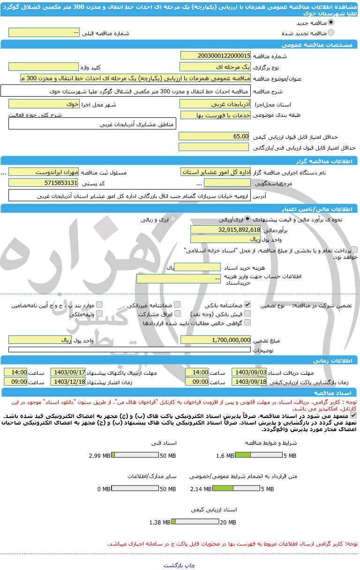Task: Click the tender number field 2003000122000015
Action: coord(216,56)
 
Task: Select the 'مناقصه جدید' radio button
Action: coord(331,22)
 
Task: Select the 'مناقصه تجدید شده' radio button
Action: coord(331,32)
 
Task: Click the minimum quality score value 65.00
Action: coord(215,136)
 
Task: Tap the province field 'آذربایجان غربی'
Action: coord(216,104)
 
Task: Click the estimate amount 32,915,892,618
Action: coord(225,229)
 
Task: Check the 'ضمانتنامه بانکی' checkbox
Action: coord(247,304)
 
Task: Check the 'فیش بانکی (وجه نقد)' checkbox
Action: coord(247,313)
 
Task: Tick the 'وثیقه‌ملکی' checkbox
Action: coord(99,313)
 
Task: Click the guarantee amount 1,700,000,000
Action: coord(216,340)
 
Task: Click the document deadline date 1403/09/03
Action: coord(249,372)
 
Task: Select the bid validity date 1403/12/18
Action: coord(68,381)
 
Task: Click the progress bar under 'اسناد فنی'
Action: coord(135,456)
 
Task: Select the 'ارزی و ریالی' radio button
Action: coord(173,219)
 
